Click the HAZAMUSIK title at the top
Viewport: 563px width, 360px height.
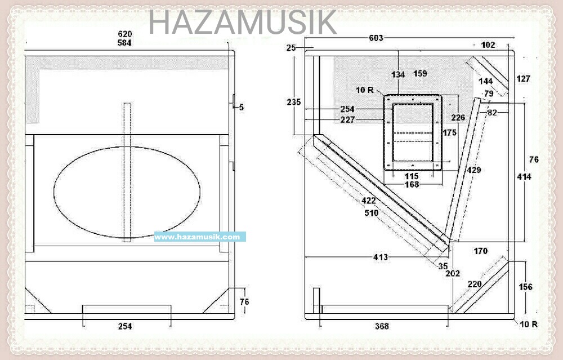point(243,22)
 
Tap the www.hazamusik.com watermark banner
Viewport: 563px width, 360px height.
point(200,237)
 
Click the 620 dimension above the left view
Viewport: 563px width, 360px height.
point(125,34)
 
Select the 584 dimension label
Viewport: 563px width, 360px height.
point(125,43)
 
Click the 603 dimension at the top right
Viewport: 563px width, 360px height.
point(376,38)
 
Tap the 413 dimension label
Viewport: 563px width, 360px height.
point(381,257)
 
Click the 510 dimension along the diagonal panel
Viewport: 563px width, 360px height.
point(371,214)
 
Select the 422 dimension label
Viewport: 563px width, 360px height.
point(368,200)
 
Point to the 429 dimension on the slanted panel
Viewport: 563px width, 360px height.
point(474,170)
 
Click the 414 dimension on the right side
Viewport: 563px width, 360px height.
point(524,177)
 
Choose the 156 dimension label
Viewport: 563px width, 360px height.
point(525,287)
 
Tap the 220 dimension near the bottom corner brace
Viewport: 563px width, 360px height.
point(475,285)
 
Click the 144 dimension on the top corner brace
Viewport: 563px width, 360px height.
point(485,81)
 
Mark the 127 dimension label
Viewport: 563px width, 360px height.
point(523,79)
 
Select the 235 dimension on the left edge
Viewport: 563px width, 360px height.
point(294,102)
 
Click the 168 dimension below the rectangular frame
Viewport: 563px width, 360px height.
point(412,184)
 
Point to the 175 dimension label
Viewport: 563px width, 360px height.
point(450,133)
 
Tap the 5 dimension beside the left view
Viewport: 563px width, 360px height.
point(241,106)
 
